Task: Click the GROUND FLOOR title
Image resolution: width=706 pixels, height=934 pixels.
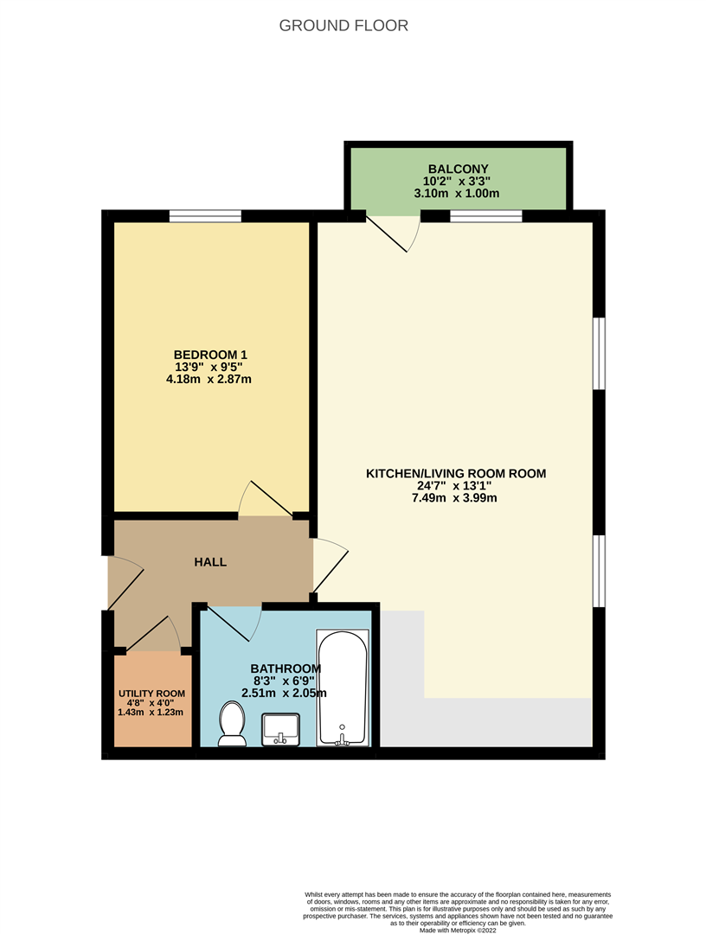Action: tap(343, 26)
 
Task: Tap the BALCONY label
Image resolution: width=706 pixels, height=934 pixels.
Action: tap(458, 169)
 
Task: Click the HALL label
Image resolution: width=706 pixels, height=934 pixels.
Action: tap(210, 562)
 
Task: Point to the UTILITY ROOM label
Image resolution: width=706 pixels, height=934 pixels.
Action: tap(151, 694)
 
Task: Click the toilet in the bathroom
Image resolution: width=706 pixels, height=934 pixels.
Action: tap(232, 723)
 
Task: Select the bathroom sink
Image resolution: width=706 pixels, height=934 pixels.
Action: tap(280, 728)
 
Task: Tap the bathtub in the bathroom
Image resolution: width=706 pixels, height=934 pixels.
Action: tap(343, 688)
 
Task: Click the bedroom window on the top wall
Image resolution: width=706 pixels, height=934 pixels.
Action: tap(205, 216)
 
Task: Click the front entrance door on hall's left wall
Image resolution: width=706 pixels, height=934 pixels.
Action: tap(124, 584)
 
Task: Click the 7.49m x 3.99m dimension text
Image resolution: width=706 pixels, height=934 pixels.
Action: tap(455, 498)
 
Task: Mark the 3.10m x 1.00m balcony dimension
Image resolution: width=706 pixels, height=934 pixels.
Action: tap(458, 193)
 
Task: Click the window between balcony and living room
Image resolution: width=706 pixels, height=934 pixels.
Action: tap(486, 216)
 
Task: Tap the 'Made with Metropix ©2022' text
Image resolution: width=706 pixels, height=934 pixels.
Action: tap(459, 930)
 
